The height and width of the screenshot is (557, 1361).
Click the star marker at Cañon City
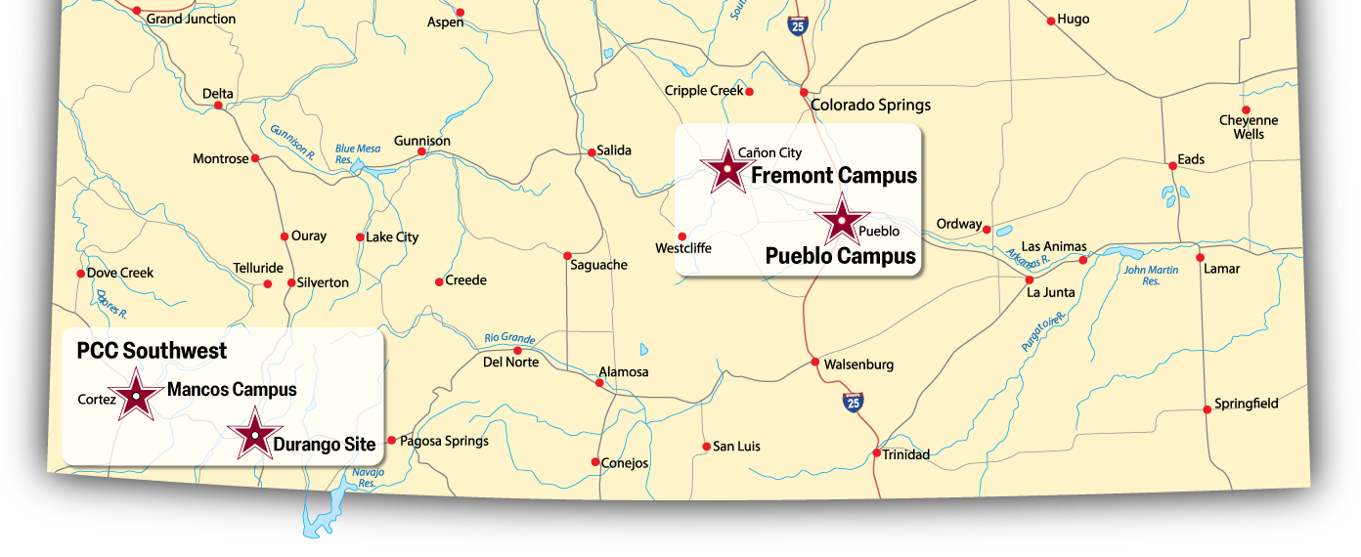click(x=726, y=168)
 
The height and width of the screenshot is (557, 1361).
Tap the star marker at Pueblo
click(x=841, y=220)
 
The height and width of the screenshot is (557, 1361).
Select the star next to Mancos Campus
click(x=135, y=395)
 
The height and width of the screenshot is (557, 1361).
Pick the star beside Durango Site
click(x=255, y=435)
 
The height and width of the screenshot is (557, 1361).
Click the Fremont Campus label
click(x=833, y=176)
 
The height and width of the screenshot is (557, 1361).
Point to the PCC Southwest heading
click(x=152, y=351)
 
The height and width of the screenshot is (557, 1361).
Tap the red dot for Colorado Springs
click(x=804, y=93)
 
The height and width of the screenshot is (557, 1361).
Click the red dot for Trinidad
click(x=877, y=453)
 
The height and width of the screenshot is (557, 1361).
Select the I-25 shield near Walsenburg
click(x=853, y=401)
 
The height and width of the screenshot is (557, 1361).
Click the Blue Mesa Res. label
click(x=357, y=154)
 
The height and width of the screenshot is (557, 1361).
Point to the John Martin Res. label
click(x=1151, y=276)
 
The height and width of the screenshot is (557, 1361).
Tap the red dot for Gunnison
click(x=421, y=151)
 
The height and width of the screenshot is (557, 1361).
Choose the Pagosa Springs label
click(x=445, y=441)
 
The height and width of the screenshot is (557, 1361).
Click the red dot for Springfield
click(x=1207, y=409)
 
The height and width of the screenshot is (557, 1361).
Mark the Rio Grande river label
click(x=509, y=338)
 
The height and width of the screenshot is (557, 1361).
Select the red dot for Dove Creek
click(x=80, y=274)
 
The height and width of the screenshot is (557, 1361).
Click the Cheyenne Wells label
click(x=1249, y=127)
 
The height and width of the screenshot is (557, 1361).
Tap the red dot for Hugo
click(x=1051, y=21)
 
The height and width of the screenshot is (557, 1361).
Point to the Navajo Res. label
click(x=367, y=478)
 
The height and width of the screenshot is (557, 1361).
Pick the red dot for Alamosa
click(x=599, y=382)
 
